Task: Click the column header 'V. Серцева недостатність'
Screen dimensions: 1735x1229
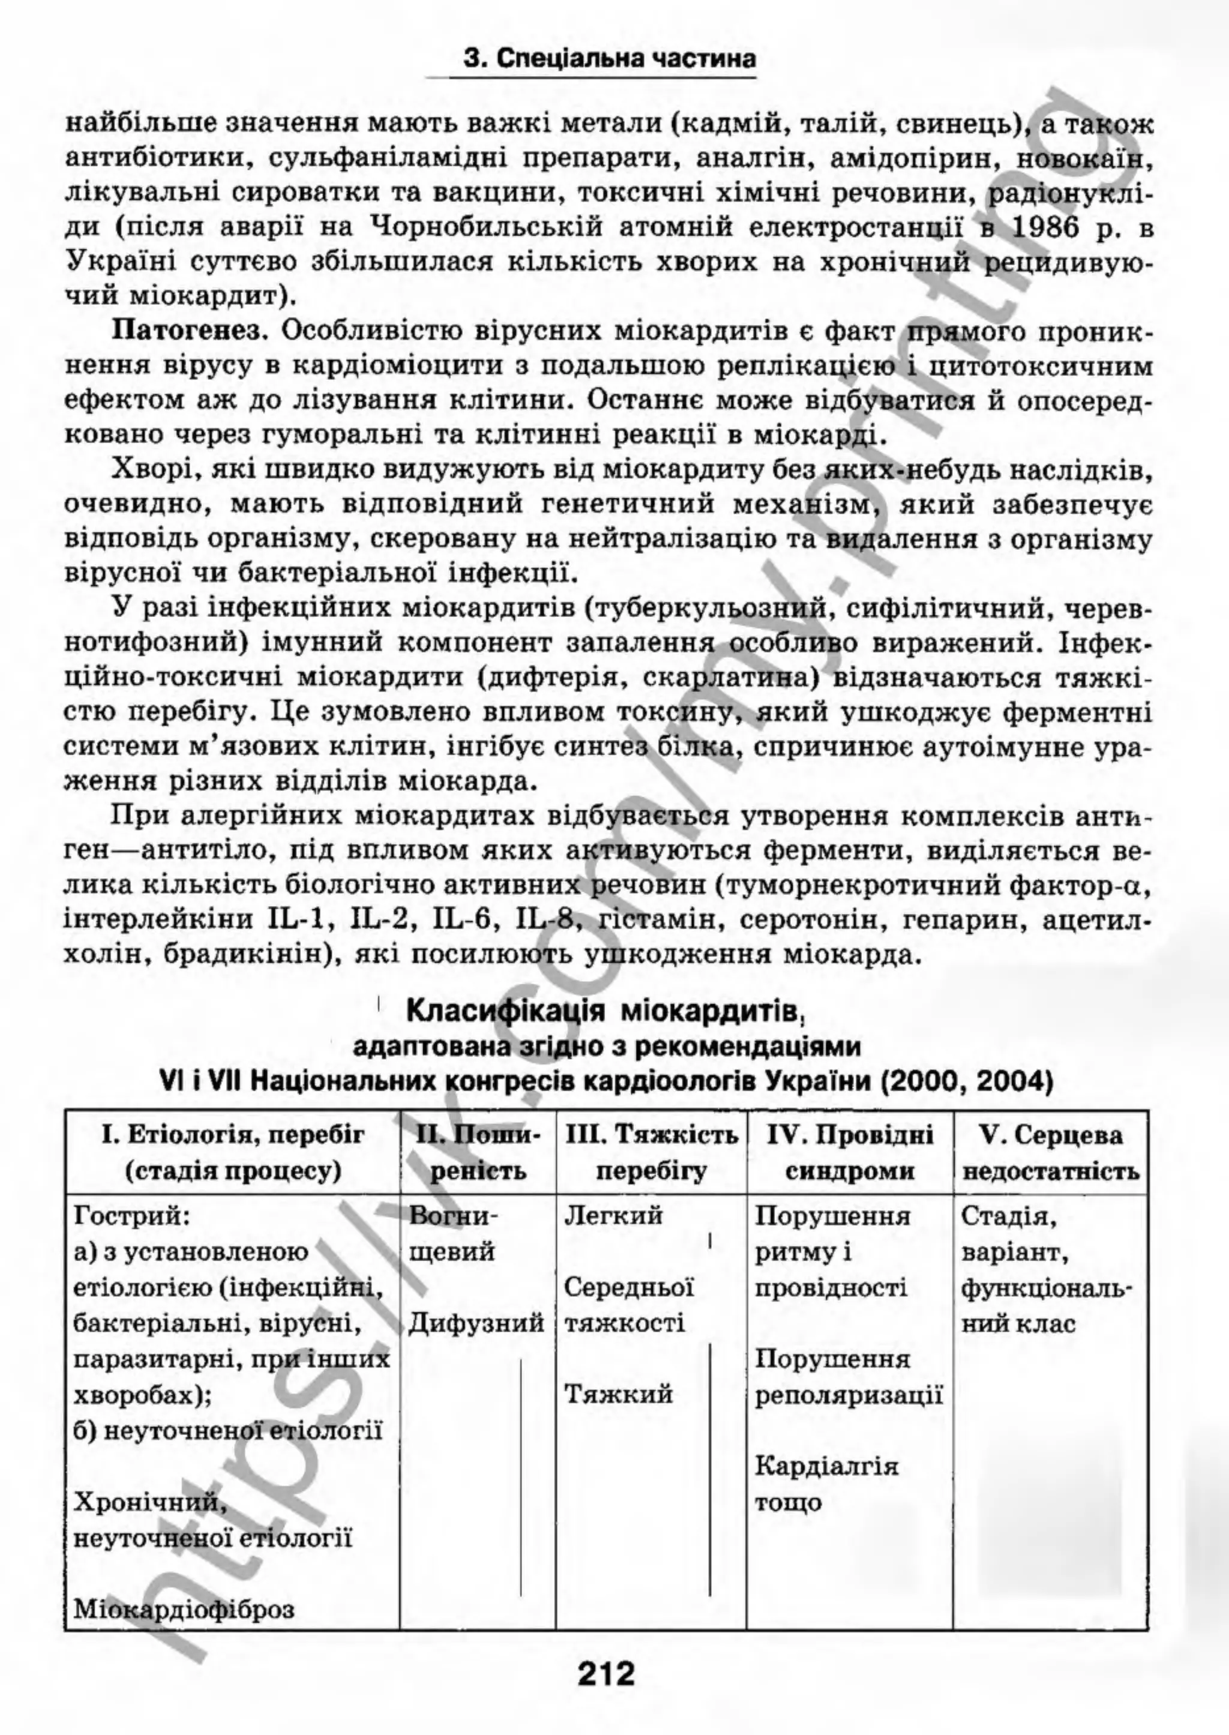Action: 1050,1153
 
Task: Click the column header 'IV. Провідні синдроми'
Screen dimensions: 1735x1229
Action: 849,1153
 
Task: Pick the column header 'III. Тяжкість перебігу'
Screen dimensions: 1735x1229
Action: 651,1153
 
